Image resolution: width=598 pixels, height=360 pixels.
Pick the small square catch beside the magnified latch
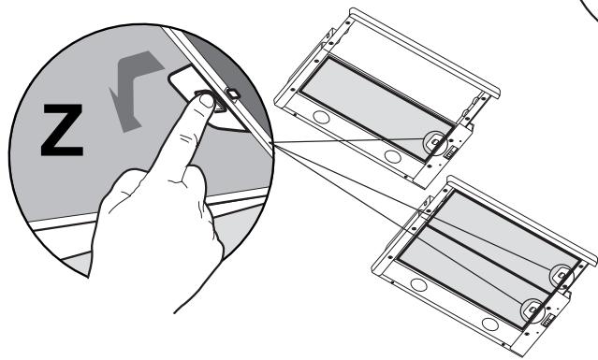click(x=232, y=94)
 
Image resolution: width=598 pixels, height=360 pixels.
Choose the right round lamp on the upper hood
click(x=392, y=152)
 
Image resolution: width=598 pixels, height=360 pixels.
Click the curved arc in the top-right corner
click(x=585, y=23)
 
